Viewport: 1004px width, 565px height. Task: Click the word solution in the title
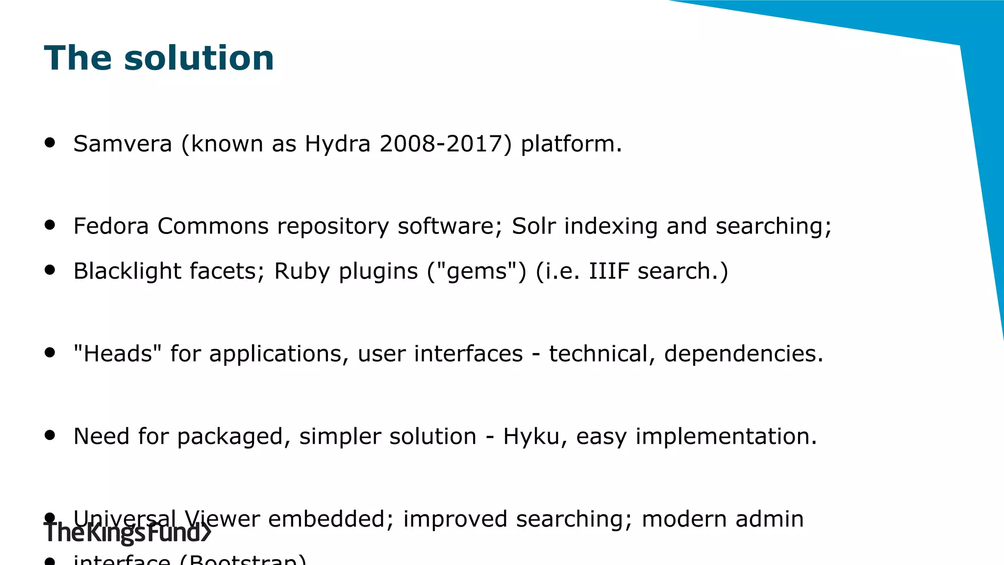pos(199,58)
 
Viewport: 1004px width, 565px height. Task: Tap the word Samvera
pos(123,144)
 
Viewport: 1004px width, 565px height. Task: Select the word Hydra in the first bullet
pos(337,144)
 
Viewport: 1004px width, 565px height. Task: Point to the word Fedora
pos(111,226)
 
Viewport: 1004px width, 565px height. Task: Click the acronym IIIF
pos(609,271)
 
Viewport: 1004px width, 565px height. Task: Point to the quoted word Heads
pos(118,354)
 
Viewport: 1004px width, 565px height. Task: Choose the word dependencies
pos(743,354)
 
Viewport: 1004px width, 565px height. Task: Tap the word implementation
pos(726,436)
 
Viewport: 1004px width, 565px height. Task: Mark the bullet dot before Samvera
pos(50,142)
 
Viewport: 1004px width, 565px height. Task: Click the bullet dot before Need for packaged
pos(50,435)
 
